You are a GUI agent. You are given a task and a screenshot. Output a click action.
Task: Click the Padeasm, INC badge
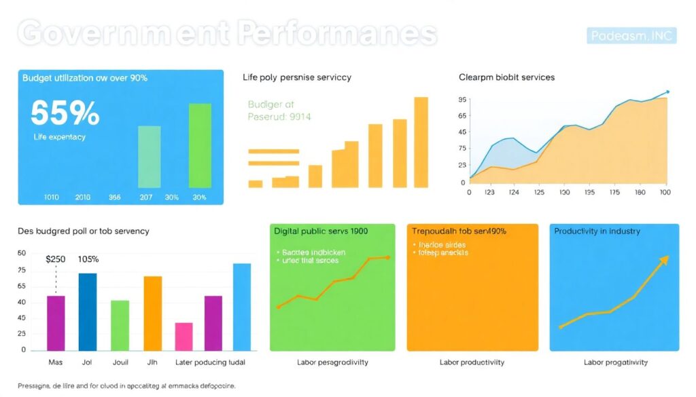point(631,35)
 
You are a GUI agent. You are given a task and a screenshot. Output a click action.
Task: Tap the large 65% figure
point(65,113)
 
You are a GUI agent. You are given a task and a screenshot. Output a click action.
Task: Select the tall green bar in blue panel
point(200,145)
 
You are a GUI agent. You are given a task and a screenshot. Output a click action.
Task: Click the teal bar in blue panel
point(149,156)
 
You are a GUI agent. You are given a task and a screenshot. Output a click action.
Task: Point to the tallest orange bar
point(421,142)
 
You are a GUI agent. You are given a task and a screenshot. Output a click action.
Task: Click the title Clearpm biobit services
point(506,77)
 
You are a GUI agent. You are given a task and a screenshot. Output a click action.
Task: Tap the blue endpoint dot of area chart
point(667,92)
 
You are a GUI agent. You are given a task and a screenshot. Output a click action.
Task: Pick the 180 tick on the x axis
point(639,192)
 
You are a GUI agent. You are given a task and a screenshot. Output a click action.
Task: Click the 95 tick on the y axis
point(463,100)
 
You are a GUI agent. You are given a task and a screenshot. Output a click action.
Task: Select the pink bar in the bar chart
point(184,337)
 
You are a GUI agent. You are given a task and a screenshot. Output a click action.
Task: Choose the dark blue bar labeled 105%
point(88,311)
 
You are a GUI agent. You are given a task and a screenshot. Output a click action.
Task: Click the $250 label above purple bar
point(56,259)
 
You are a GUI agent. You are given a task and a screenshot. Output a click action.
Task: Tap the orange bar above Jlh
point(152,313)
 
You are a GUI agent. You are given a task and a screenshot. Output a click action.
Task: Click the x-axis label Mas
point(55,362)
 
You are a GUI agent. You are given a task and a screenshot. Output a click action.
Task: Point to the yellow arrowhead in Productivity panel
point(664,261)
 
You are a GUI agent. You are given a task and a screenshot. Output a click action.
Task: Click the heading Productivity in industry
point(597,231)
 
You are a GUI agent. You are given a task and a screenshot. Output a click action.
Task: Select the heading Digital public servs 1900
point(320,231)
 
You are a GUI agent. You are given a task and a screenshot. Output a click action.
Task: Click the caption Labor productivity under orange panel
point(472,362)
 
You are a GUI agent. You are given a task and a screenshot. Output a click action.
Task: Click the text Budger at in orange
point(271,105)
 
